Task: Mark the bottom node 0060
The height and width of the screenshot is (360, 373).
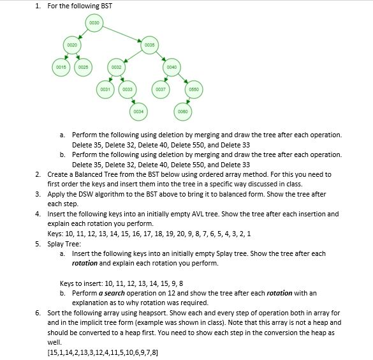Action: coord(182,112)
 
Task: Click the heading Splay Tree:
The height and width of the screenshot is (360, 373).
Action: coord(64,244)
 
